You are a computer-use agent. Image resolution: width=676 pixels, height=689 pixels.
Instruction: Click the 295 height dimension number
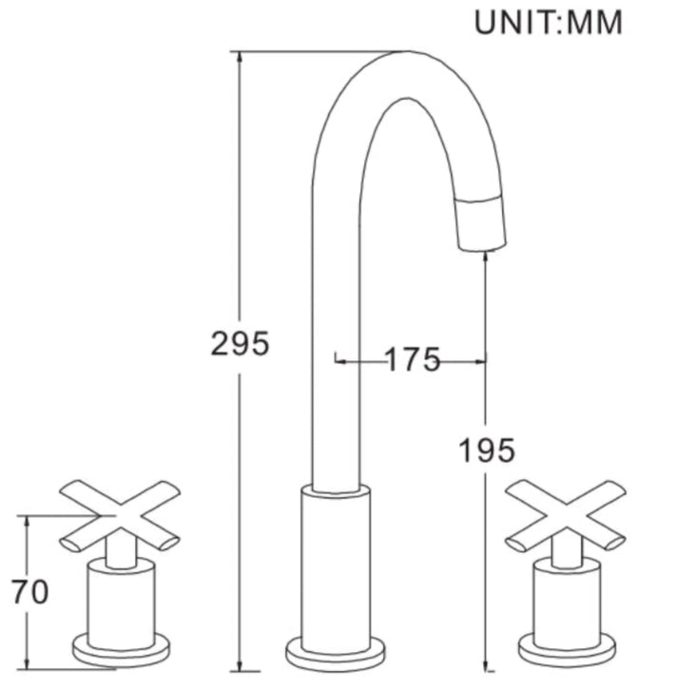pos(240,343)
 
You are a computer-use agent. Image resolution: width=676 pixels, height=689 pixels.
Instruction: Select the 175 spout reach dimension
pos(412,359)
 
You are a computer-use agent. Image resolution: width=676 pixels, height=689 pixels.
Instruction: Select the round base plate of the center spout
pos(336,653)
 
